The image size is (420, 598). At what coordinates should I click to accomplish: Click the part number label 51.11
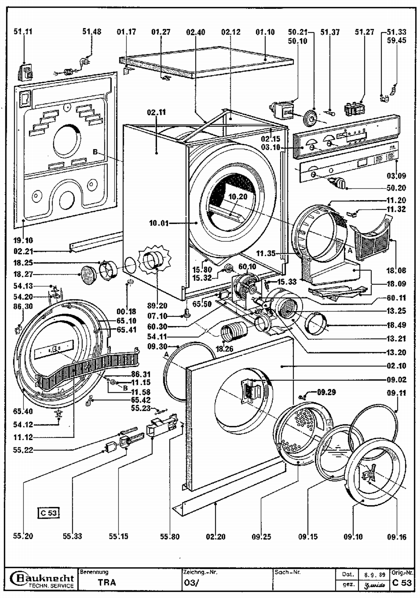[x=23, y=32]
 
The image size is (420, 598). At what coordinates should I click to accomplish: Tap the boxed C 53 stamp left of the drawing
[x=48, y=513]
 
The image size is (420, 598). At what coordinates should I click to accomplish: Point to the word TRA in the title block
[x=107, y=583]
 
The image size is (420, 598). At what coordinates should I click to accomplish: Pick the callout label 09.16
[x=396, y=537]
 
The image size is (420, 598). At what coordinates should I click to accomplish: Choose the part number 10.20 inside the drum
[x=238, y=197]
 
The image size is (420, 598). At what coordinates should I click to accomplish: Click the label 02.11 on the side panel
[x=156, y=112]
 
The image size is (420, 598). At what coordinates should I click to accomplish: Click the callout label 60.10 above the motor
[x=247, y=267]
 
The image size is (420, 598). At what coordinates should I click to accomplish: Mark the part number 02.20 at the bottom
[x=216, y=537]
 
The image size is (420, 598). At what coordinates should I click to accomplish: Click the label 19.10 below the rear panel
[x=23, y=240]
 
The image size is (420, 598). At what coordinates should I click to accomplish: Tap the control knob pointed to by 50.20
[x=340, y=183]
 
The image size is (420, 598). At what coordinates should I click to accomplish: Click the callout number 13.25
[x=396, y=311]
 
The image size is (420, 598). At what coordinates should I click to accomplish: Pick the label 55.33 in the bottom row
[x=72, y=536]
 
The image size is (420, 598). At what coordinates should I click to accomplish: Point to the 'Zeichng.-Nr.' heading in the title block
[x=200, y=572]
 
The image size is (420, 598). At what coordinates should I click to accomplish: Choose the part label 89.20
[x=157, y=306]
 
